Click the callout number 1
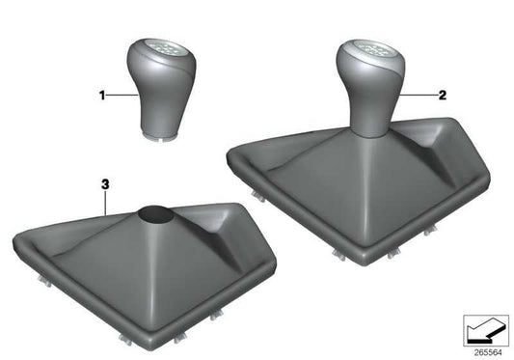(100, 96)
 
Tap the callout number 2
(443, 96)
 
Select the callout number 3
(102, 180)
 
